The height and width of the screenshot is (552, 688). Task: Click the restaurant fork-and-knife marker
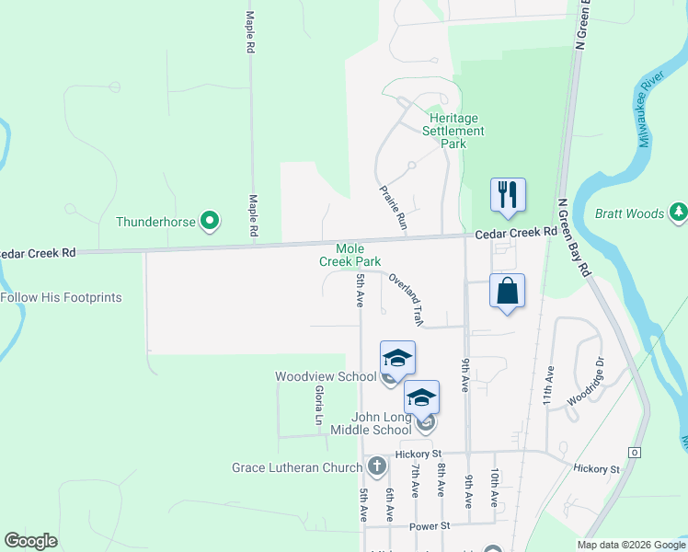(x=508, y=195)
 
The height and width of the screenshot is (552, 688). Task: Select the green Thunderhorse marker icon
(x=210, y=221)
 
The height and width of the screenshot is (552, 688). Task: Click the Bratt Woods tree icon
(x=679, y=213)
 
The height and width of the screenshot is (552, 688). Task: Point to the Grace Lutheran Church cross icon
(x=375, y=467)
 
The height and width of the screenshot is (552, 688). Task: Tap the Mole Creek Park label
(x=350, y=256)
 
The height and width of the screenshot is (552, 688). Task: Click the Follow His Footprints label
(x=61, y=297)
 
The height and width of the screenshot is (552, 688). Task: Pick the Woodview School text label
(x=325, y=376)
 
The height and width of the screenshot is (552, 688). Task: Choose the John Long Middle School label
(x=367, y=423)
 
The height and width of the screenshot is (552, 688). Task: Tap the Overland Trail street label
(x=406, y=298)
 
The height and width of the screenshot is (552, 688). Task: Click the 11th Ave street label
(x=549, y=386)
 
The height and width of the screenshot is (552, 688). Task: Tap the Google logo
(x=30, y=542)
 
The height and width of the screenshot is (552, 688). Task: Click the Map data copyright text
(x=630, y=545)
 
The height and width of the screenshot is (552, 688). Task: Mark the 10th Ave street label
(x=495, y=488)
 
